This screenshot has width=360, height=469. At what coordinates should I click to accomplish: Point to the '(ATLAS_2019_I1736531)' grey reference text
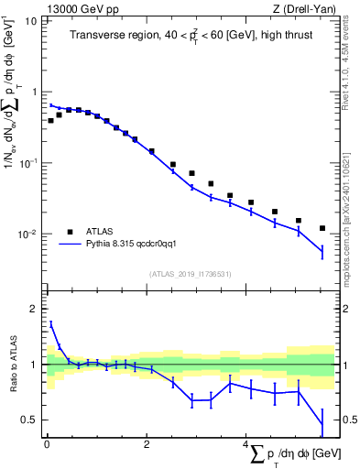190,273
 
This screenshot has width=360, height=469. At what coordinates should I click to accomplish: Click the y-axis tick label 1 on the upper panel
35,92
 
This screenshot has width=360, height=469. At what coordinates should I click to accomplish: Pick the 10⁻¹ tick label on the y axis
29,162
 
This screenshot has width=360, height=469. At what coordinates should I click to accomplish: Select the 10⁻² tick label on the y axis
29,234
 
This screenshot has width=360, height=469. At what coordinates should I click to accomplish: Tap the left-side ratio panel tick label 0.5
32,420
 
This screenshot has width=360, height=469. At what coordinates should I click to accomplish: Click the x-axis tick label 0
46,443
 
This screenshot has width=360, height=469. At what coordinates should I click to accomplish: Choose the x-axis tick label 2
147,443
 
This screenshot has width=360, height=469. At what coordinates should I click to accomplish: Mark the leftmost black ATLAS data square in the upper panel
51,120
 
